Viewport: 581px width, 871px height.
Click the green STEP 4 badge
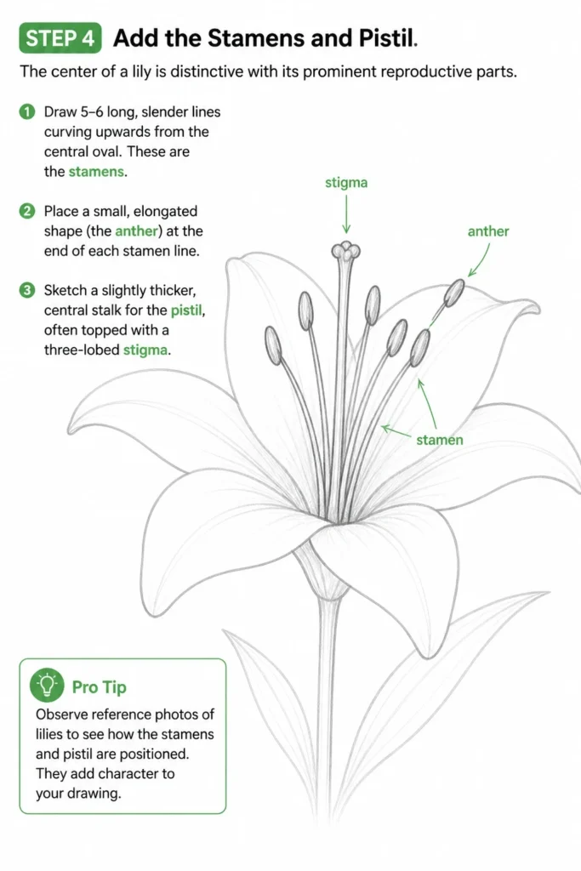(x=60, y=37)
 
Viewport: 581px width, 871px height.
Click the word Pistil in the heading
(x=388, y=37)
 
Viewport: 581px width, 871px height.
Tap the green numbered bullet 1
(x=26, y=111)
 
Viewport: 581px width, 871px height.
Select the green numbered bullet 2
(x=26, y=211)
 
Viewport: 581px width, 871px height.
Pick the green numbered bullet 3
(x=26, y=290)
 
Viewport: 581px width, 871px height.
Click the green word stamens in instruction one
(x=96, y=172)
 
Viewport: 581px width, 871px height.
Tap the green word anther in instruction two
(x=137, y=231)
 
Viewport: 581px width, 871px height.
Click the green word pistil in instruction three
(x=186, y=310)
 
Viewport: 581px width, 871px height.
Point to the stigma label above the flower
(x=346, y=183)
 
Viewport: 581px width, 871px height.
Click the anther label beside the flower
(x=488, y=231)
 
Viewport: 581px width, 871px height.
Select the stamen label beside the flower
(x=439, y=440)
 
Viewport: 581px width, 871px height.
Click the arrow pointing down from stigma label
(x=346, y=213)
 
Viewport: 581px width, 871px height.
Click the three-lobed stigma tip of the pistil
(x=345, y=251)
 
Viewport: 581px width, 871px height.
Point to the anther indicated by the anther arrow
(x=455, y=293)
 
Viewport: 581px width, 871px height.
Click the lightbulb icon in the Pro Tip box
(x=48, y=686)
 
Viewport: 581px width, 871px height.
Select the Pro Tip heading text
(x=100, y=687)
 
